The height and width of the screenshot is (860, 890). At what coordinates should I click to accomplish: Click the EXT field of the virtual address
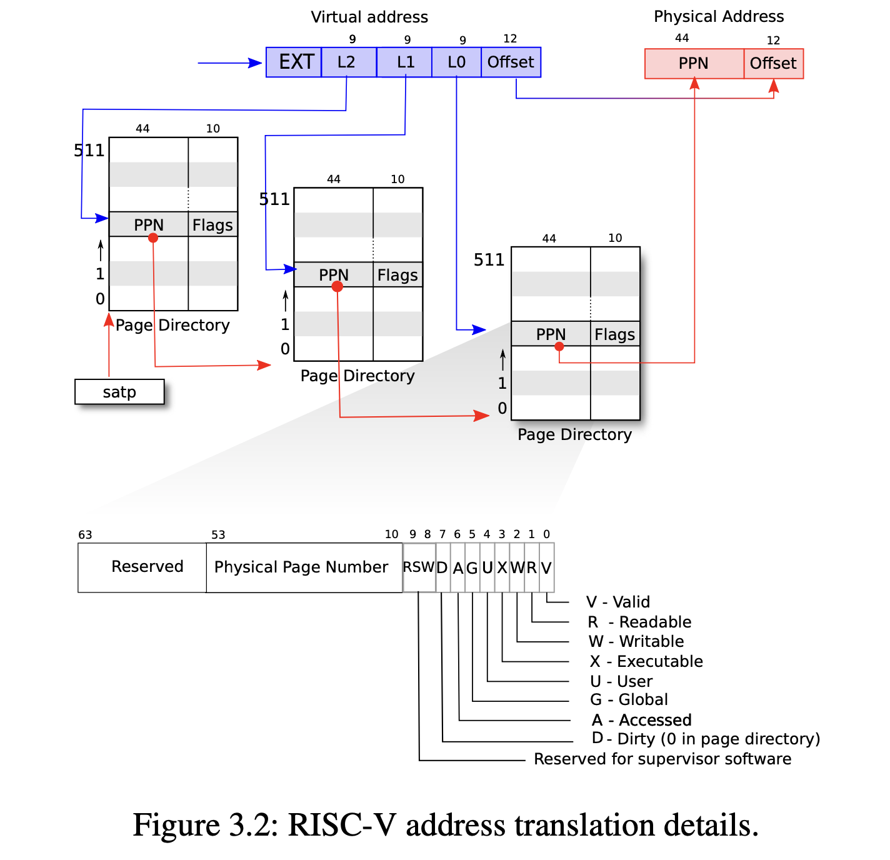pyautogui.click(x=294, y=62)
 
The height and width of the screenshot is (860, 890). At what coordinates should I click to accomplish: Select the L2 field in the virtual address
pyautogui.click(x=348, y=62)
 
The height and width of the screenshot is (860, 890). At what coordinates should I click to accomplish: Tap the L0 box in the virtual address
pyautogui.click(x=456, y=62)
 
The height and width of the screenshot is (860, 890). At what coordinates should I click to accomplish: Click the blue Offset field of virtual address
pyautogui.click(x=511, y=62)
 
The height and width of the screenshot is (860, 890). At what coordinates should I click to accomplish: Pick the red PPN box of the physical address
pyautogui.click(x=694, y=64)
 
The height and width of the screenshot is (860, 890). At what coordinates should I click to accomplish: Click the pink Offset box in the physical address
pyautogui.click(x=773, y=64)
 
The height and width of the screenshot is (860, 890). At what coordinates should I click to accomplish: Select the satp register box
pyautogui.click(x=119, y=392)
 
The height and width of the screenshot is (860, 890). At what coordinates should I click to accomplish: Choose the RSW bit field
pyautogui.click(x=419, y=567)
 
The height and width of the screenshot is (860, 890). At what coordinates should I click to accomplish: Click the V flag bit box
pyautogui.click(x=546, y=567)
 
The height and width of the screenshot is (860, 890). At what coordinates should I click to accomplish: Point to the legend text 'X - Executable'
pyautogui.click(x=646, y=661)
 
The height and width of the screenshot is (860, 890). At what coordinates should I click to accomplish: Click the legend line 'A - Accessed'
pyautogui.click(x=642, y=720)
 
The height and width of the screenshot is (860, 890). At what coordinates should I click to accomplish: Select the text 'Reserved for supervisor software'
pyautogui.click(x=662, y=759)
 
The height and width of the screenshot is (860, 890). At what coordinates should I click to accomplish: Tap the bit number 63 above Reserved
pyautogui.click(x=85, y=535)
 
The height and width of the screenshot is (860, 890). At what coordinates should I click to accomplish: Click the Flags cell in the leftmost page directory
pyautogui.click(x=212, y=225)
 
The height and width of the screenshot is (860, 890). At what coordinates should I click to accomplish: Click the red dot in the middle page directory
pyautogui.click(x=337, y=287)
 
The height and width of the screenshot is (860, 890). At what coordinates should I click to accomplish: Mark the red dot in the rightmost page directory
pyautogui.click(x=559, y=346)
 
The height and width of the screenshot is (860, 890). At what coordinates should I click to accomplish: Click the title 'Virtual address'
pyautogui.click(x=369, y=17)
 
